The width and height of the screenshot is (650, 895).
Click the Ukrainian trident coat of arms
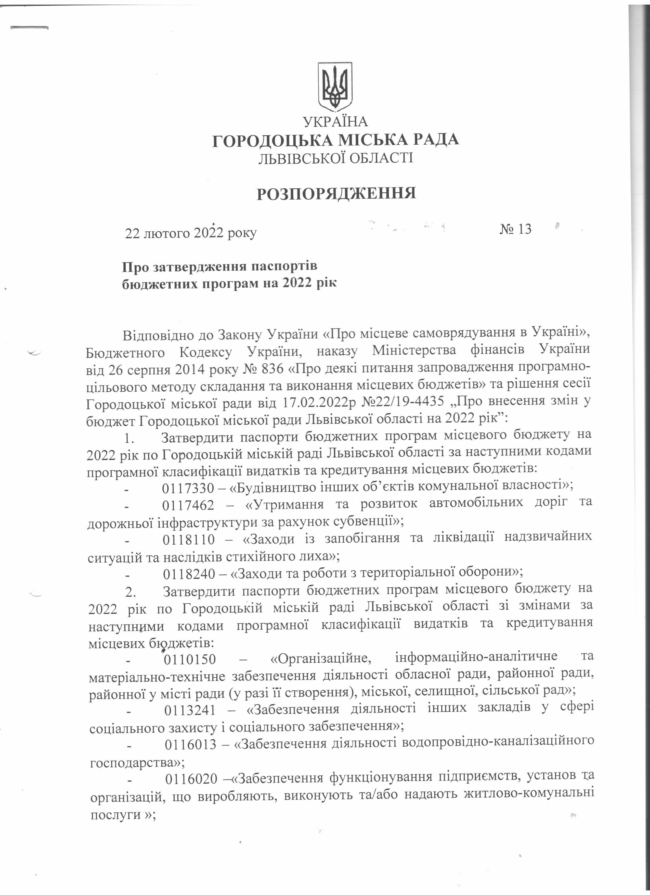pyautogui.click(x=335, y=86)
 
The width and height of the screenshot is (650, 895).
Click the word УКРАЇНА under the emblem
pyautogui.click(x=335, y=121)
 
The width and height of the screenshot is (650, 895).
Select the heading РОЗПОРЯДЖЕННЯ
pyautogui.click(x=336, y=194)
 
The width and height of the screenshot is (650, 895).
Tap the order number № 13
pyautogui.click(x=516, y=229)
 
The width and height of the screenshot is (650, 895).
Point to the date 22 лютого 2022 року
pyautogui.click(x=191, y=233)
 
